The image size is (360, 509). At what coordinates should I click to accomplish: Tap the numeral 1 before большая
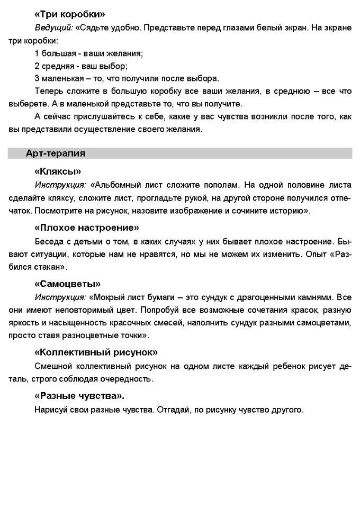(x=37, y=53)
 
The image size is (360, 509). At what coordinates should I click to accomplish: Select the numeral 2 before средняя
(x=37, y=66)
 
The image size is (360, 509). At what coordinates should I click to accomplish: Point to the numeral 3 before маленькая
(x=37, y=78)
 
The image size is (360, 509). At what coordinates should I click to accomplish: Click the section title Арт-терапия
(x=56, y=153)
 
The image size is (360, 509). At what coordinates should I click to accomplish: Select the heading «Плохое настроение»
(x=86, y=228)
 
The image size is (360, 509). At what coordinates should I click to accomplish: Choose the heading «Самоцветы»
(x=67, y=284)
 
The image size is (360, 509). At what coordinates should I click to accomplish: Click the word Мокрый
(x=110, y=297)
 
